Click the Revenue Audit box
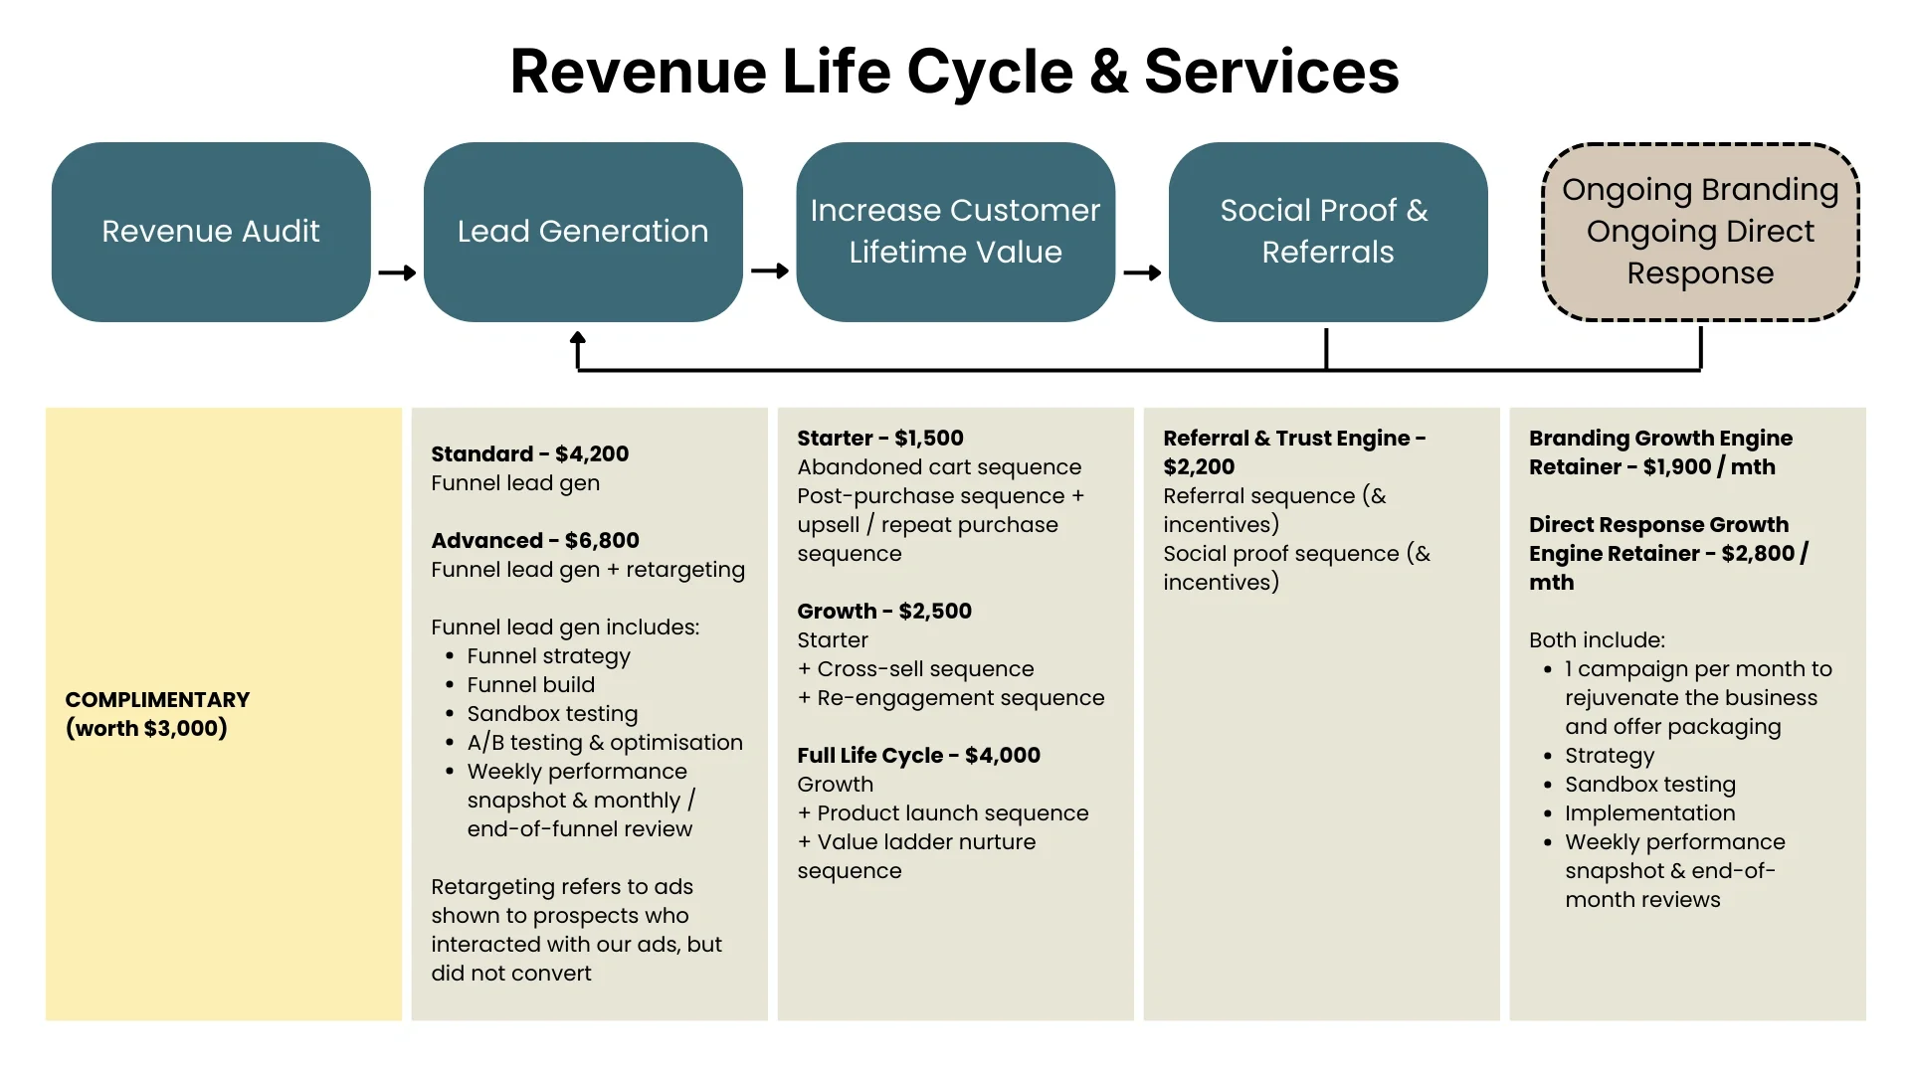click(211, 232)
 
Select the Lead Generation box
click(583, 232)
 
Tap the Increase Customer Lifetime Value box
click(955, 232)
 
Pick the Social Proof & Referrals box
click(1327, 232)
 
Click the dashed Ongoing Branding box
click(1700, 232)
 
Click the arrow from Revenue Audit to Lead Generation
click(397, 272)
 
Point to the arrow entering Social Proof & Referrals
click(1142, 272)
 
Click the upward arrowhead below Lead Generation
click(578, 341)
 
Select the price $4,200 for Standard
click(592, 454)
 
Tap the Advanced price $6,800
click(602, 541)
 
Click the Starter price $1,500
click(929, 439)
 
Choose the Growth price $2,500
click(935, 612)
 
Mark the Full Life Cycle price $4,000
click(1003, 756)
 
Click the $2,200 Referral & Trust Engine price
click(1199, 467)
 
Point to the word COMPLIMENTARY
click(157, 700)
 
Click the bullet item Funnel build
click(531, 685)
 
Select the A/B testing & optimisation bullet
click(605, 743)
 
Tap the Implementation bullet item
click(1649, 813)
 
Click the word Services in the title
click(1271, 72)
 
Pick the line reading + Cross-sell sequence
click(916, 669)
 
